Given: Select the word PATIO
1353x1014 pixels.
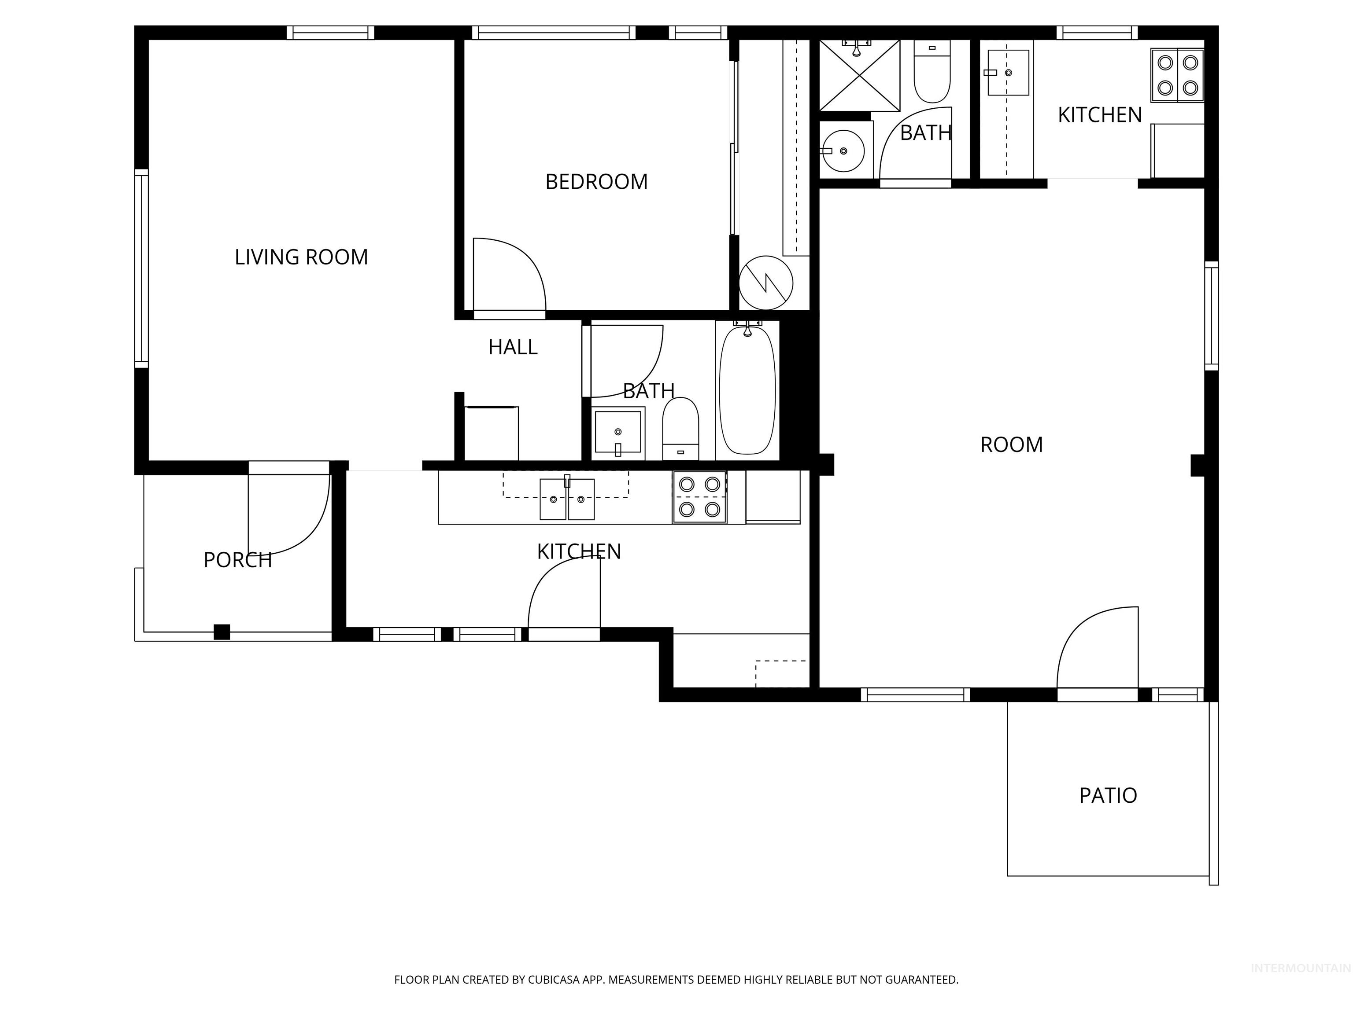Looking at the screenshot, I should click(1108, 795).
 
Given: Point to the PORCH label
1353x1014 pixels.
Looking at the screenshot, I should click(237, 559).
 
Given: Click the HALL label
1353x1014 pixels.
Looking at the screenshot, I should click(513, 347).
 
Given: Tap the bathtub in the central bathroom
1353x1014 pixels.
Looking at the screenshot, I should click(747, 391).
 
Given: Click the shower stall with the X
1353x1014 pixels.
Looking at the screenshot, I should click(859, 76).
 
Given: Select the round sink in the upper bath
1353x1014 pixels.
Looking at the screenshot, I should click(843, 151).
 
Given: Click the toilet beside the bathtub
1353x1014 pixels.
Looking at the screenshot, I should click(680, 428).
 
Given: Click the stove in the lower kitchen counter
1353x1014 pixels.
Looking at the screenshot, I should click(699, 497).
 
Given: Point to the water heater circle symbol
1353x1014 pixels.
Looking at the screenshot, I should click(766, 283).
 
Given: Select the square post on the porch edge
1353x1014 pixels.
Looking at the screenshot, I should click(222, 632).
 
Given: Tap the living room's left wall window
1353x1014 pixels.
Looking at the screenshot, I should click(141, 269).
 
